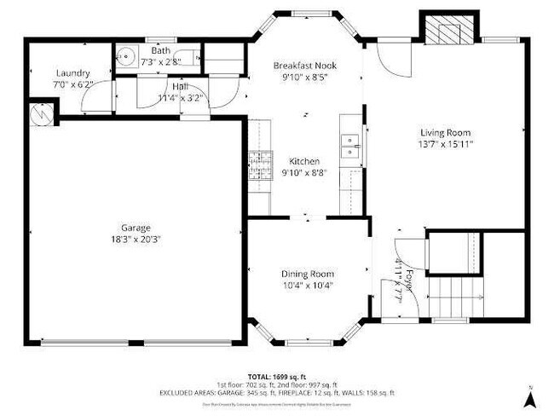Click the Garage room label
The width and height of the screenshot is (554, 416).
(136, 228)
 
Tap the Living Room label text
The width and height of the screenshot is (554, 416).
(446, 132)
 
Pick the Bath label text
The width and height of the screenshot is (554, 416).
(160, 51)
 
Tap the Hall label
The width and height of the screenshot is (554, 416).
(180, 86)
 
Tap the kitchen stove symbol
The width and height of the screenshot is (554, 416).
(258, 163)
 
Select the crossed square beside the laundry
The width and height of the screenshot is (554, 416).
(40, 111)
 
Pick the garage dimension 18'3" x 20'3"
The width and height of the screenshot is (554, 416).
(136, 240)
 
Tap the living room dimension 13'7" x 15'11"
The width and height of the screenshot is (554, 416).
(446, 144)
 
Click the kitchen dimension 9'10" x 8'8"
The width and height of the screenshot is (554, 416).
(304, 173)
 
